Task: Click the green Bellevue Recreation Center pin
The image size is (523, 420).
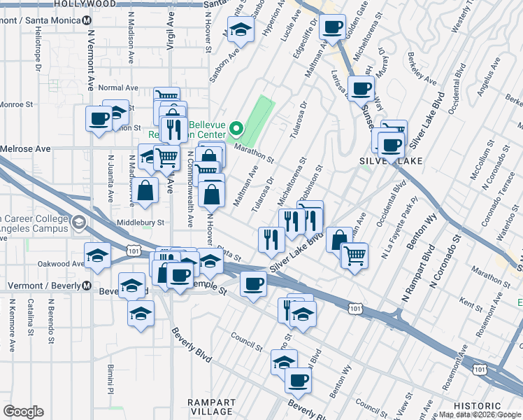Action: tap(236, 128)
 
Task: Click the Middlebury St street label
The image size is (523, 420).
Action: tap(141, 223)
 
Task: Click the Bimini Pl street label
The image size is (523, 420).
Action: tap(111, 377)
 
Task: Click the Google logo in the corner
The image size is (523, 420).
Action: tap(23, 412)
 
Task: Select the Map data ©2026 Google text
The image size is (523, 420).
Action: tap(480, 414)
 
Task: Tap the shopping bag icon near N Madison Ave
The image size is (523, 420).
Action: tap(144, 192)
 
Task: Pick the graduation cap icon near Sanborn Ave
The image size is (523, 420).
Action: tap(241, 31)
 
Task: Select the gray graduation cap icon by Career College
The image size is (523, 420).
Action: tap(78, 223)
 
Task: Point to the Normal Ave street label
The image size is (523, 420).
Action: tap(118, 88)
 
